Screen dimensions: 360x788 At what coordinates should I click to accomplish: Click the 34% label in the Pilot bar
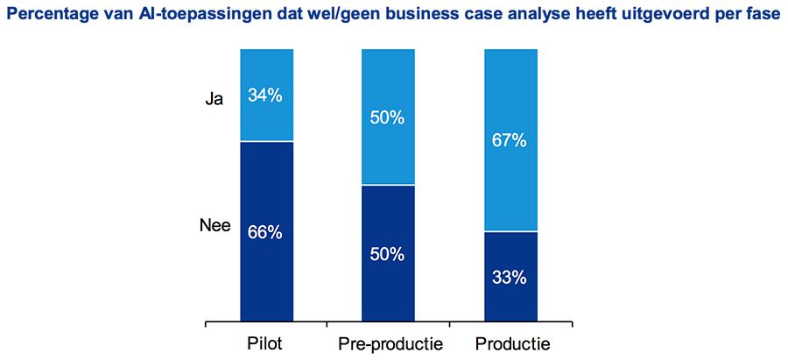click(265, 95)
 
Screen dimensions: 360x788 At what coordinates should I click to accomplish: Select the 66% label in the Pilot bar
click(265, 232)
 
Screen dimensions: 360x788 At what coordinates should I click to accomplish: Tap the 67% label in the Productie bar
click(510, 140)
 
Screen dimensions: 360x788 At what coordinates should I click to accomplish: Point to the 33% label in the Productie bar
click(510, 278)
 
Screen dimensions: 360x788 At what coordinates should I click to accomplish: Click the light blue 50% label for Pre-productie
click(387, 117)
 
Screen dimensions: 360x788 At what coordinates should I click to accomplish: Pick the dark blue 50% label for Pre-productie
click(387, 255)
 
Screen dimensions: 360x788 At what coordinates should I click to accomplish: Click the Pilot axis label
click(265, 343)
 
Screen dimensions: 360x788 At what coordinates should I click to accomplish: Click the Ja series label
click(215, 99)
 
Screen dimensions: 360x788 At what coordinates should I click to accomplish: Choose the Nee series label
click(215, 226)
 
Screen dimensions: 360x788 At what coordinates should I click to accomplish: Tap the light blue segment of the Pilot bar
click(265, 70)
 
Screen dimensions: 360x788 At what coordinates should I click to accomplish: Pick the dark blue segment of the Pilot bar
click(265, 280)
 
